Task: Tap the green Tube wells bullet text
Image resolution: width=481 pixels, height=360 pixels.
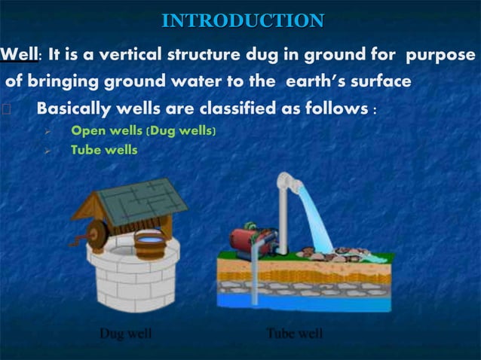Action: [104, 149]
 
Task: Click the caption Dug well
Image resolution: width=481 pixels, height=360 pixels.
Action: [126, 333]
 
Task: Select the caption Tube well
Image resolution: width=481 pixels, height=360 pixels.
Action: [296, 333]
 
